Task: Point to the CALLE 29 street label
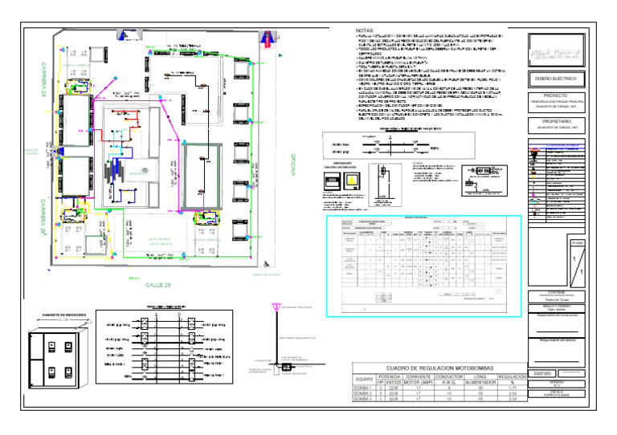(158, 284)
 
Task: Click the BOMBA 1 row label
(366, 387)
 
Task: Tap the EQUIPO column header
(366, 378)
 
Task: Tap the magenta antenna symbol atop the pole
(279, 307)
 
